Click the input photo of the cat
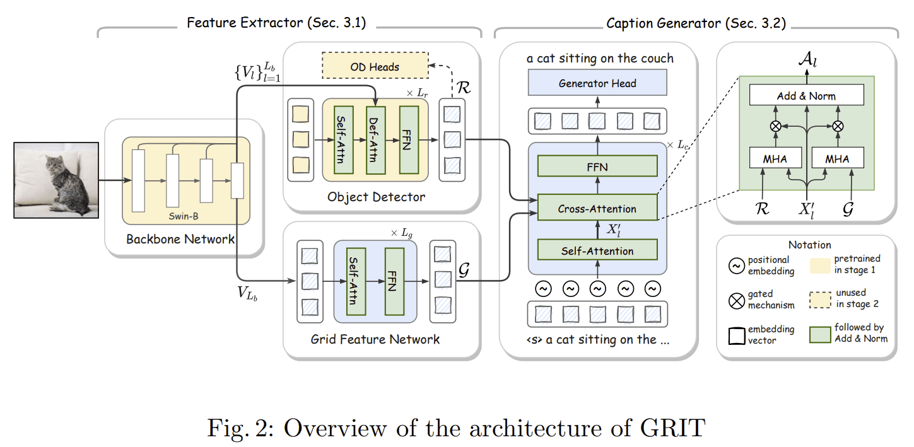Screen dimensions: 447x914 click(56, 180)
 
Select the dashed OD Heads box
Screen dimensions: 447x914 click(375, 66)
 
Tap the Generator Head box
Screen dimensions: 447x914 click(597, 83)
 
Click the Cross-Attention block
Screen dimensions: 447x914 click(597, 208)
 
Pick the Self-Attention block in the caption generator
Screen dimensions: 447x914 click(597, 251)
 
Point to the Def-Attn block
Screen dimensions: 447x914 click(375, 136)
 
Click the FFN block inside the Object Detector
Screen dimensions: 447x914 click(408, 136)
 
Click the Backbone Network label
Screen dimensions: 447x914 click(180, 239)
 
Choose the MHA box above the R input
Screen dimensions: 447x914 click(775, 158)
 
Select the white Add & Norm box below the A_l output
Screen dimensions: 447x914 click(806, 96)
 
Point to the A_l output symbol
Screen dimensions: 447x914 click(807, 61)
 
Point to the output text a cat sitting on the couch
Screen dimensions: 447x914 click(600, 58)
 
